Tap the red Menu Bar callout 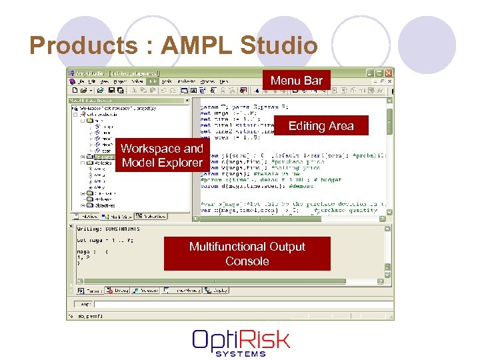(x=296, y=81)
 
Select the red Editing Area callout (x=321, y=126)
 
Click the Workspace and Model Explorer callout (x=161, y=155)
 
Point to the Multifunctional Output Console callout (x=247, y=254)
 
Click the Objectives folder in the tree (x=103, y=205)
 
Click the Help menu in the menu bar (x=223, y=81)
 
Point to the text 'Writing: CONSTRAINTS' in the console (x=107, y=230)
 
